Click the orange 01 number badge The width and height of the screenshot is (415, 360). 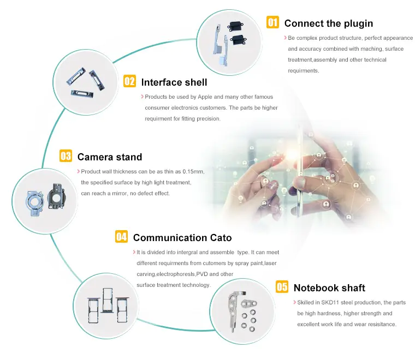pyautogui.click(x=272, y=22)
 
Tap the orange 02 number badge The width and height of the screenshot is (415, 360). pyautogui.click(x=130, y=81)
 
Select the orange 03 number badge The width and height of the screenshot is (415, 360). pyautogui.click(x=66, y=155)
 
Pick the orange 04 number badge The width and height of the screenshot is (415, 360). pyautogui.click(x=121, y=237)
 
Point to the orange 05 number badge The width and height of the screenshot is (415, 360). pyautogui.click(x=282, y=286)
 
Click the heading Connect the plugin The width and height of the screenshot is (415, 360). pyautogui.click(x=329, y=23)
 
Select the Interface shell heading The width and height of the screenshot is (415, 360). pyautogui.click(x=174, y=82)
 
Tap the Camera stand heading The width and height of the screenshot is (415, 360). pyautogui.click(x=110, y=157)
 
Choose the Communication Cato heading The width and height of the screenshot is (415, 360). pyautogui.click(x=182, y=238)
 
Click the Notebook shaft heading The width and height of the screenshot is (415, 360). pyautogui.click(x=329, y=288)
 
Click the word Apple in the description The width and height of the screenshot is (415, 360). pyautogui.click(x=205, y=97)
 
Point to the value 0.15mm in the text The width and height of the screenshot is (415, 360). pyautogui.click(x=193, y=171)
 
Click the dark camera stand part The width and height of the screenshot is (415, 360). pyautogui.click(x=56, y=196)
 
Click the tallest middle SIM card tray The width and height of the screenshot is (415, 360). pyautogui.click(x=108, y=300)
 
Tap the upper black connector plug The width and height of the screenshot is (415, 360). pyautogui.click(x=235, y=26)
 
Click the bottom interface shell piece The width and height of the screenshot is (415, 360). pyautogui.click(x=82, y=93)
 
